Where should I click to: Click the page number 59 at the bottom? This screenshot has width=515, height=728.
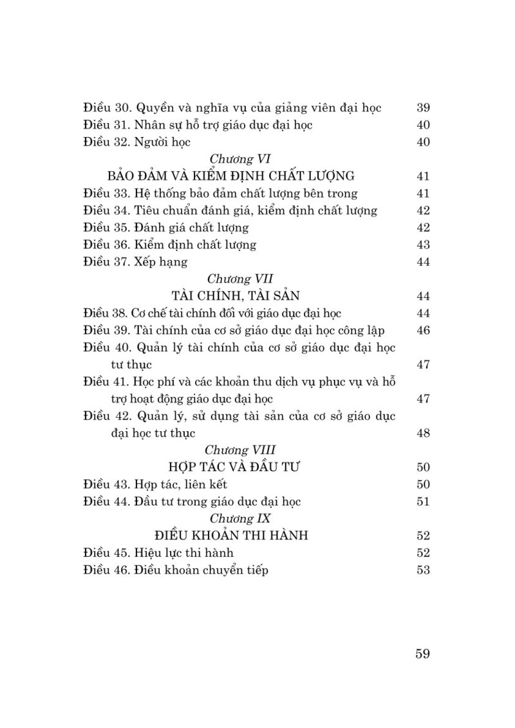point(422,654)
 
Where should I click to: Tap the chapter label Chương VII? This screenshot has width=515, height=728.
point(232,279)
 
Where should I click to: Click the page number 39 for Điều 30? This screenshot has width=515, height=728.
point(423,107)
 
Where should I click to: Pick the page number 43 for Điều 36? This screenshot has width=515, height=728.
point(423,245)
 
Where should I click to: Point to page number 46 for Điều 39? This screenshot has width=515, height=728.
point(423,330)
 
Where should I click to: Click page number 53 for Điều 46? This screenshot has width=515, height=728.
point(423,570)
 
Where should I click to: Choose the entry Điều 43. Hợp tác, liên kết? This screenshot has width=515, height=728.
point(155,484)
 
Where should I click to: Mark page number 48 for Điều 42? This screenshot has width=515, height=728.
point(423,433)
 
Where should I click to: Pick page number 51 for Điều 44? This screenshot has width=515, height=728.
point(423,501)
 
